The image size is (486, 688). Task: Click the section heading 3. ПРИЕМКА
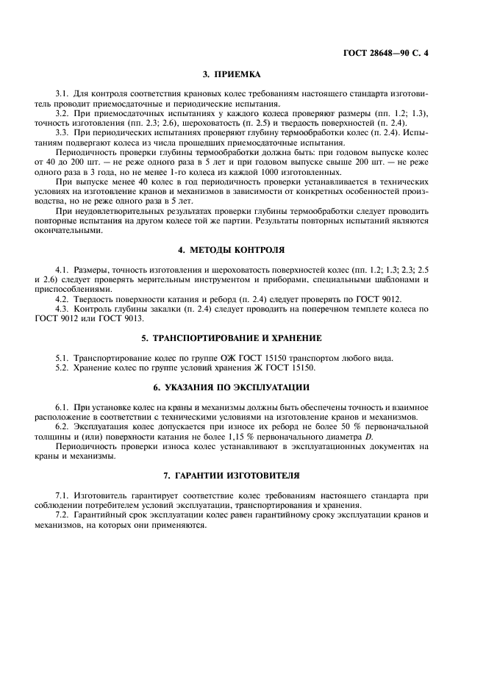coord(232,74)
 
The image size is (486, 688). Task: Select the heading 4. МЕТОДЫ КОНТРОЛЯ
coord(232,250)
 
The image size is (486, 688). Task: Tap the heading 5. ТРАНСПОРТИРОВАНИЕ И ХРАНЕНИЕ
coord(232,338)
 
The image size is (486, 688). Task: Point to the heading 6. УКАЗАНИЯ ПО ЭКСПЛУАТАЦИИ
coord(232,387)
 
